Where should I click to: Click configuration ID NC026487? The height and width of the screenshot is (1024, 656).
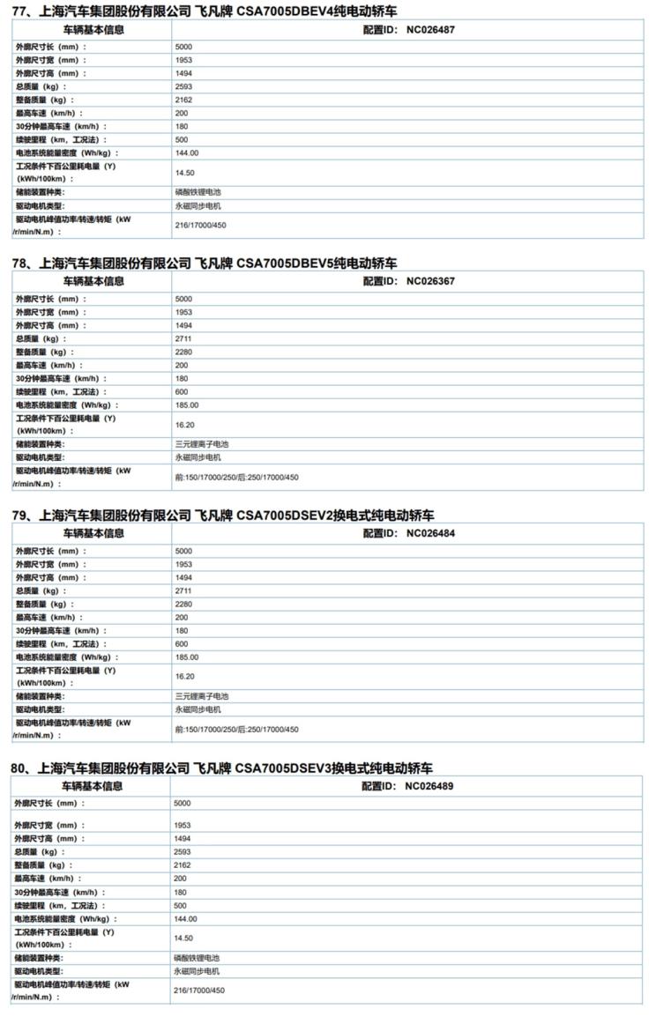[431, 29]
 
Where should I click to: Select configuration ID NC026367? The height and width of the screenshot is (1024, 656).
[431, 281]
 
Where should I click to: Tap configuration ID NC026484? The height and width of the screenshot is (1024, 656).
[431, 533]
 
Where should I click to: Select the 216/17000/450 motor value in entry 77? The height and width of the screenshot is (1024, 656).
[199, 225]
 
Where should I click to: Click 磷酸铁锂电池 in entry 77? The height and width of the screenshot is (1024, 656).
[197, 192]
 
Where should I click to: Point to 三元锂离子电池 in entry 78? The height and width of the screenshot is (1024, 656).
[201, 444]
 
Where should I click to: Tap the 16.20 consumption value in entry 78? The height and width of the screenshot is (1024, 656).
[184, 425]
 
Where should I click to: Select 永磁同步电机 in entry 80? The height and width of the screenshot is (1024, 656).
[197, 971]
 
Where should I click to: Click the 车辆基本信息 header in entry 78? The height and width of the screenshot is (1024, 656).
[93, 281]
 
